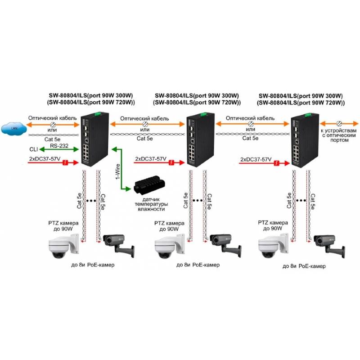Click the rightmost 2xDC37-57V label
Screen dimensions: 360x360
256,160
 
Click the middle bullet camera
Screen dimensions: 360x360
224,243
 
